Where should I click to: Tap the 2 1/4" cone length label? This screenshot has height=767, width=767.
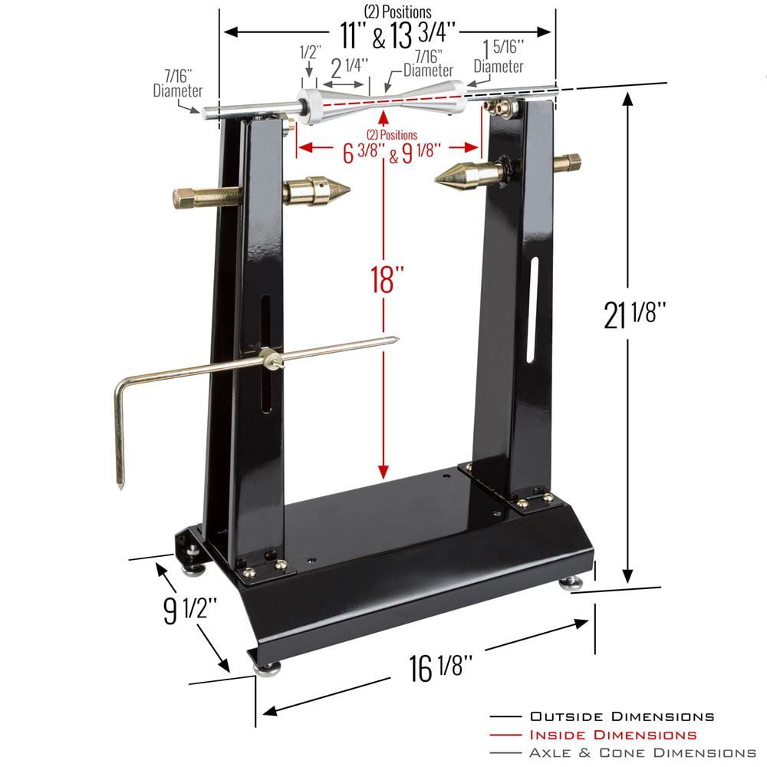click(349, 67)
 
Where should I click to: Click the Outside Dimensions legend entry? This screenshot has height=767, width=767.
click(621, 716)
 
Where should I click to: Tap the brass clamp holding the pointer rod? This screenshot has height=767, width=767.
click(269, 357)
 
